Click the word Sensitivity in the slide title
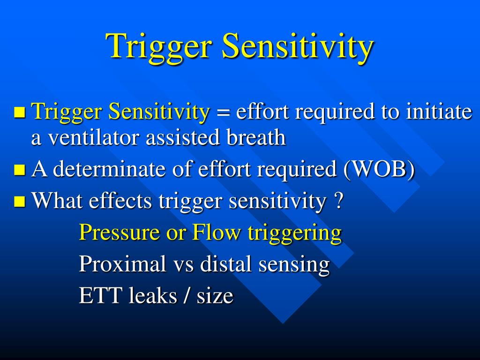tap(298, 47)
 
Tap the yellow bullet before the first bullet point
tap(19, 112)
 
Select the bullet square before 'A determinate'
tap(19, 170)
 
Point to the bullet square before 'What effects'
tap(19, 202)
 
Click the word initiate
tap(438, 112)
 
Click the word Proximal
tap(123, 264)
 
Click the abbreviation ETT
tap(95, 296)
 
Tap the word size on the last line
tap(215, 296)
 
